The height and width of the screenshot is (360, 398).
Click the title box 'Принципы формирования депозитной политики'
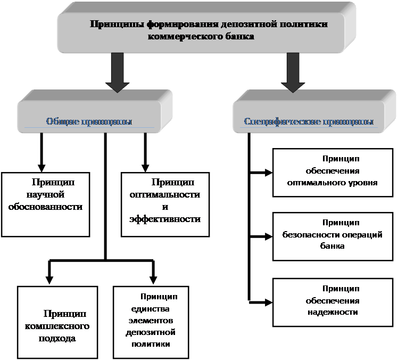pos(208,31)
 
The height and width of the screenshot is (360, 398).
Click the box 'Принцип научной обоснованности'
pos(45,204)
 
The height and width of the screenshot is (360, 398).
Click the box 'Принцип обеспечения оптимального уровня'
pos(332,171)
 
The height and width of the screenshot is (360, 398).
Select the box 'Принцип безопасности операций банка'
pos(332,236)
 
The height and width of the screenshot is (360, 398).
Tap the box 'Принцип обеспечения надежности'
pos(332,302)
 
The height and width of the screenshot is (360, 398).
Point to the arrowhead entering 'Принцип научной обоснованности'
pos(42,166)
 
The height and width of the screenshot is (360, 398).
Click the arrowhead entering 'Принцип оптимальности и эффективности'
pos(144,166)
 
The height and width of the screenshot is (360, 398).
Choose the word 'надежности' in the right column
pos(332,312)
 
